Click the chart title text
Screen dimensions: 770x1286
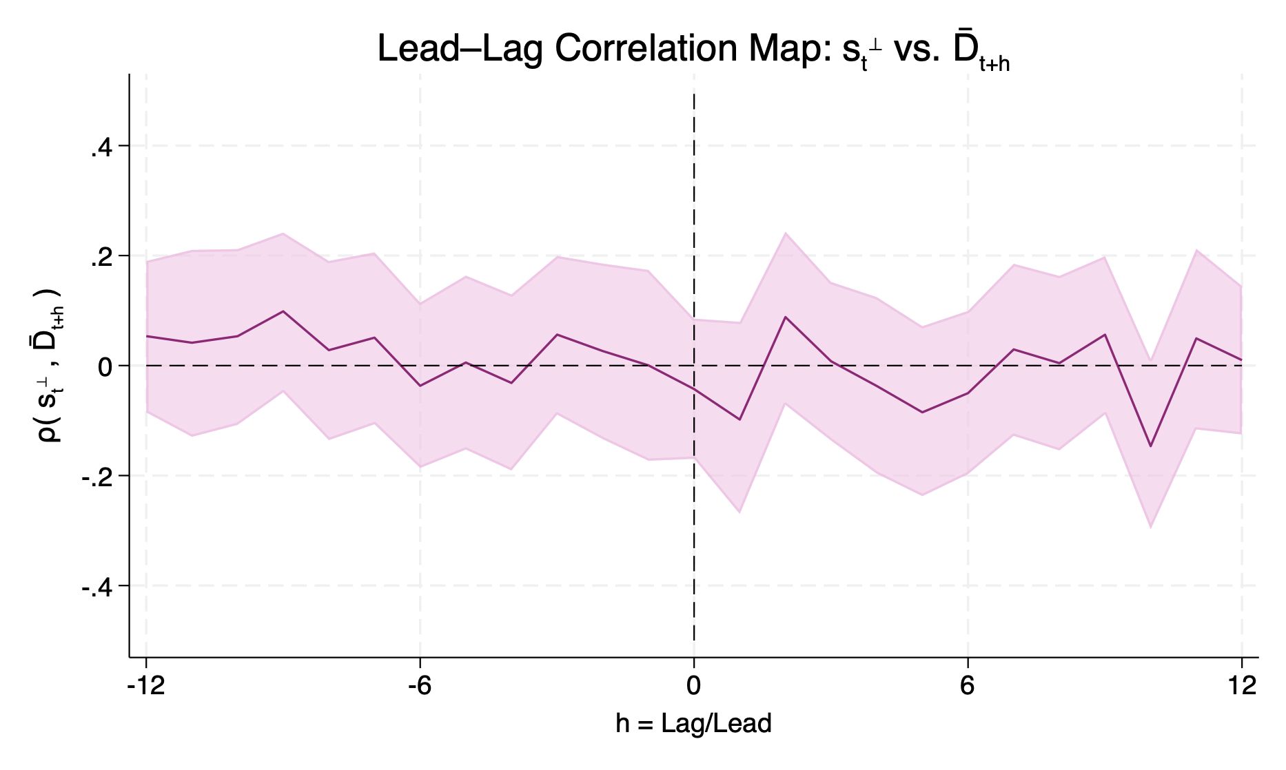(x=693, y=50)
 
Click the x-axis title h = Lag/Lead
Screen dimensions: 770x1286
(x=693, y=724)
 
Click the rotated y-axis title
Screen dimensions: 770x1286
(x=51, y=365)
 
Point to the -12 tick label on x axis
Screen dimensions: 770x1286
(x=145, y=687)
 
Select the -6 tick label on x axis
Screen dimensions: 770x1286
(x=419, y=687)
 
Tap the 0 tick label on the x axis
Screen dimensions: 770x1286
(x=693, y=687)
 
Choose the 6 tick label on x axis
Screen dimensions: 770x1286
(x=968, y=687)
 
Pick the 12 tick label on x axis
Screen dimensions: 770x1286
(x=1241, y=687)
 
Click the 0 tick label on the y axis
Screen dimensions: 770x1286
(x=105, y=366)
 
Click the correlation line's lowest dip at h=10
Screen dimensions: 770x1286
(x=1150, y=446)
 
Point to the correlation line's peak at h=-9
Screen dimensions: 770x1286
(x=283, y=311)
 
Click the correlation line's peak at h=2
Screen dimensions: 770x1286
(x=785, y=317)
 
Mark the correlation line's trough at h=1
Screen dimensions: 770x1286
(x=739, y=419)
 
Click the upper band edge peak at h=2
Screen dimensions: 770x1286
(x=785, y=233)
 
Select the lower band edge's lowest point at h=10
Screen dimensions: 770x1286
(x=1150, y=527)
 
